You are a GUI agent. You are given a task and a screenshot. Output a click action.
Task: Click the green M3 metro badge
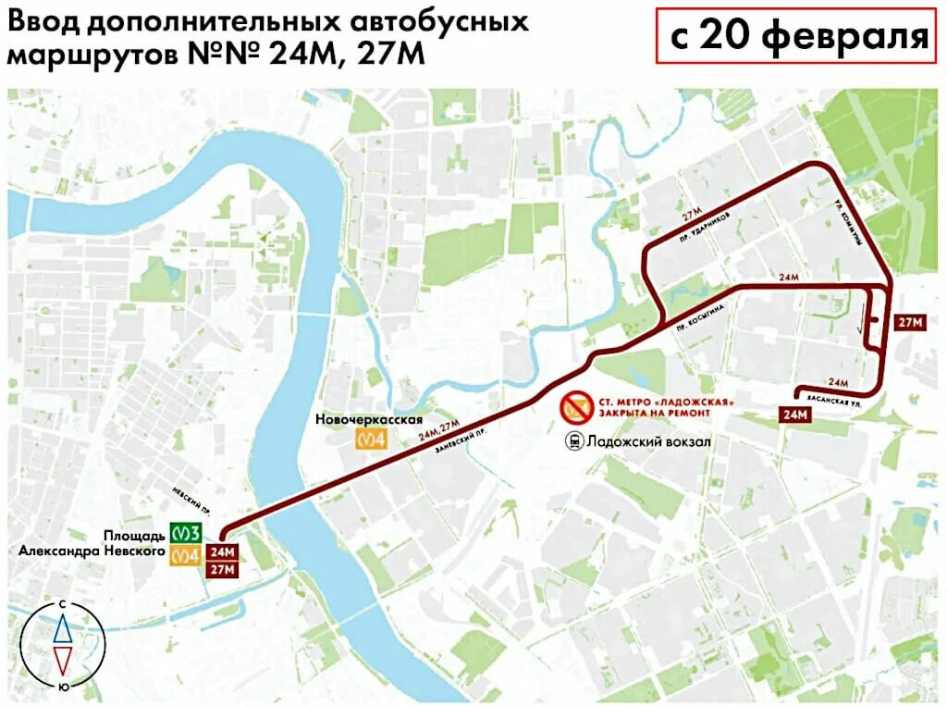[x=187, y=534]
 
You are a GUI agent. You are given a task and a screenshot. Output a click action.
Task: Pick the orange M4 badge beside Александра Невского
[x=187, y=554]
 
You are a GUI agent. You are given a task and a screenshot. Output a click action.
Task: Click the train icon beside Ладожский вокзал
[x=574, y=442]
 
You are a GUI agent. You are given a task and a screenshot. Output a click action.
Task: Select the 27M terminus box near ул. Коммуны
[x=910, y=322]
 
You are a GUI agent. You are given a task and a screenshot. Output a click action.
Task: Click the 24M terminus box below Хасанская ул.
[x=795, y=415]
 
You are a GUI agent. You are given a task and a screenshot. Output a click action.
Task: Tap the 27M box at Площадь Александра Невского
[x=222, y=569]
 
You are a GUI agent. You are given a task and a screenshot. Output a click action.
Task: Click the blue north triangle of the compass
[x=62, y=629]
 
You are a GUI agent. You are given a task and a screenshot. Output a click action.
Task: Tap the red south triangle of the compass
[x=62, y=660]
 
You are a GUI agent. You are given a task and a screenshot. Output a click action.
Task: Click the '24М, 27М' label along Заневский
[x=438, y=429]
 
